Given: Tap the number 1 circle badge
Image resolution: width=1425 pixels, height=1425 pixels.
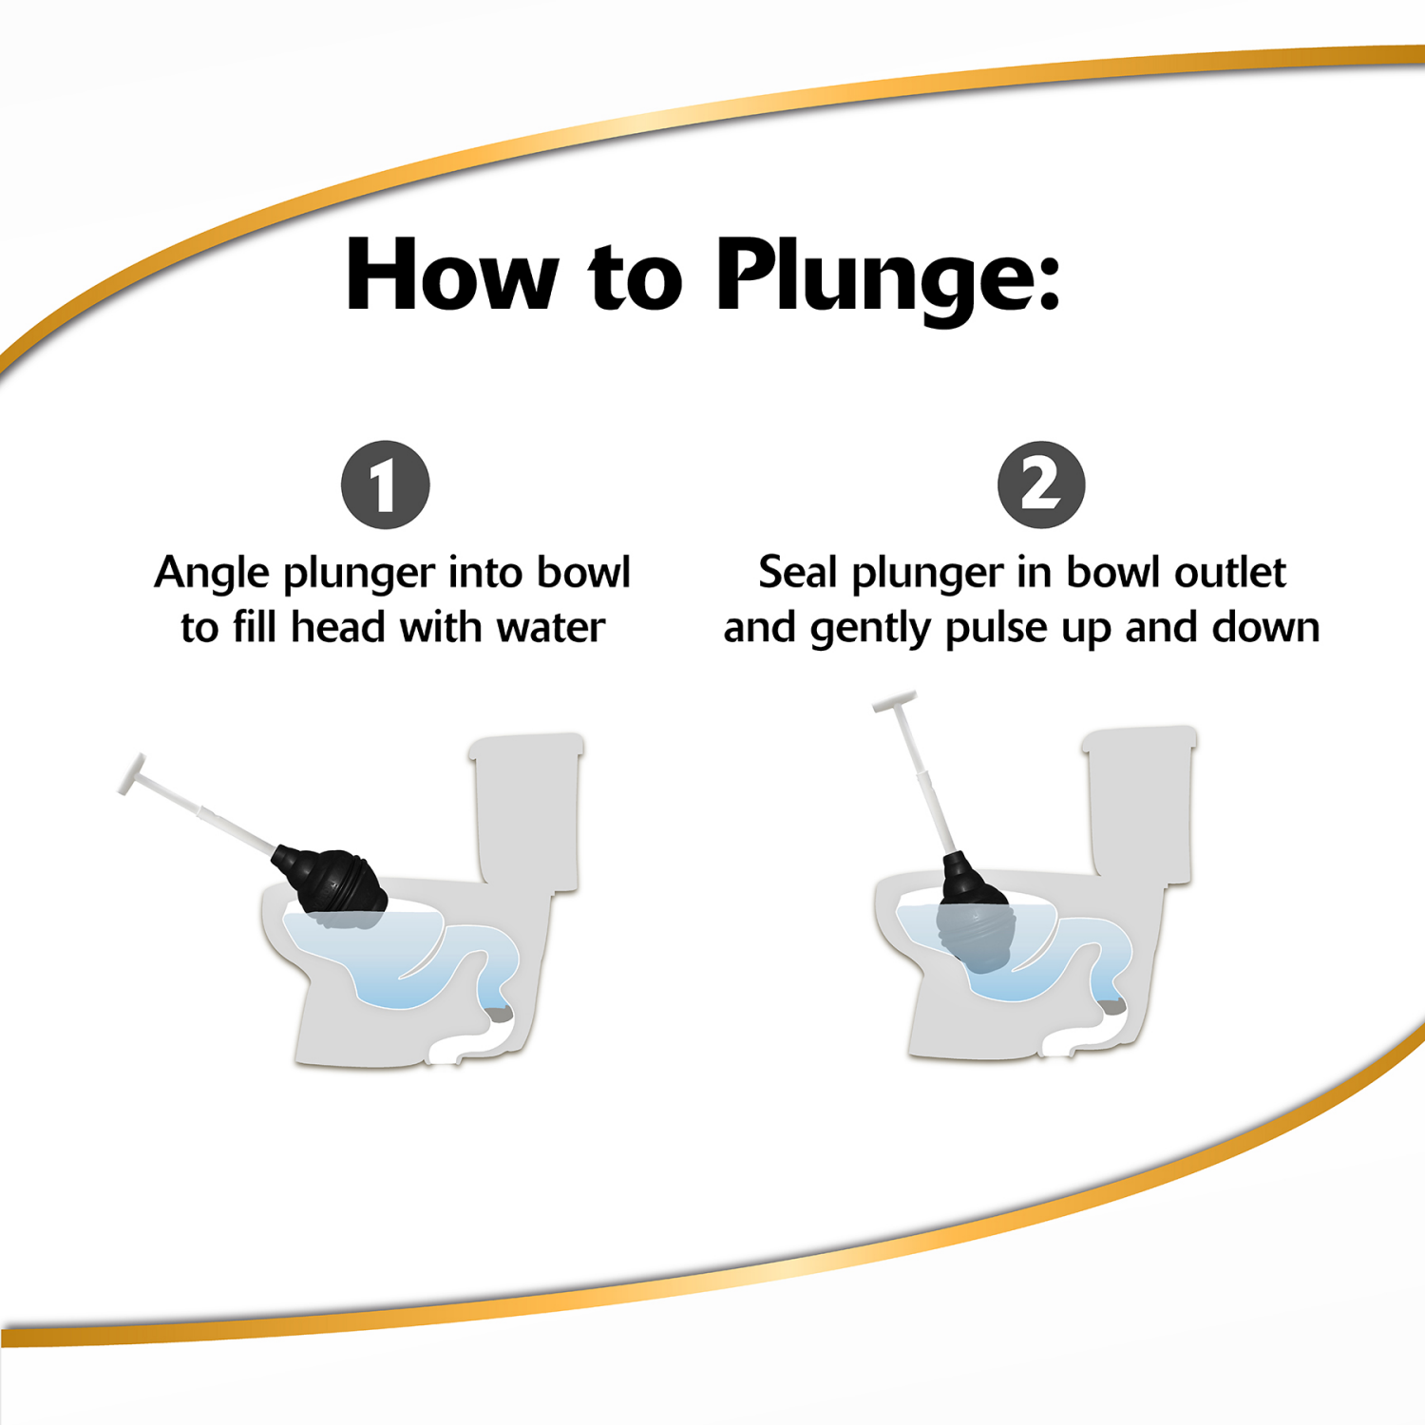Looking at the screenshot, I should [385, 484].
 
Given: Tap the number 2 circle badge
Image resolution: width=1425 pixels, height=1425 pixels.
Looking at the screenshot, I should [1041, 484].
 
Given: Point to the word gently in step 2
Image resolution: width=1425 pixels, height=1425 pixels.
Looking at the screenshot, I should [869, 630].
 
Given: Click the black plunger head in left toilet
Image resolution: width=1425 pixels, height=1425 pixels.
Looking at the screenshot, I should [332, 882].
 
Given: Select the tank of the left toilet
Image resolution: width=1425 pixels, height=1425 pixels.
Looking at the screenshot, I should [528, 807].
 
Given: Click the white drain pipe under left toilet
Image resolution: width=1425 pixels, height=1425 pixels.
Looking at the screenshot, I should [465, 1043].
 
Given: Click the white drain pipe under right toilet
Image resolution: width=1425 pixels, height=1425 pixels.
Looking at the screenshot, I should [1078, 1038].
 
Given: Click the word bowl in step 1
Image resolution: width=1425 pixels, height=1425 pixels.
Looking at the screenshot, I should [583, 573].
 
